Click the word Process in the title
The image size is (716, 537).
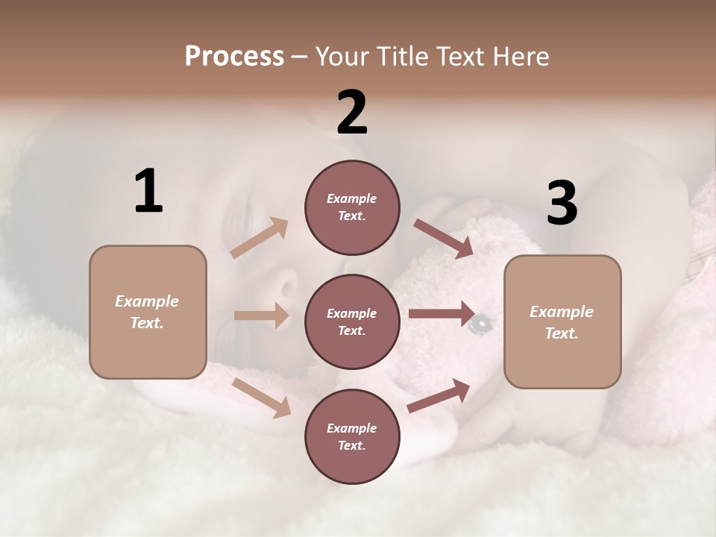(234, 57)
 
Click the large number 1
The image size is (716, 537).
(148, 191)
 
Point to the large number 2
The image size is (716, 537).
(352, 113)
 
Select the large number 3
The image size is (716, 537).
(562, 204)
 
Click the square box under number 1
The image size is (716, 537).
(148, 312)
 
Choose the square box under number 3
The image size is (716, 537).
(562, 322)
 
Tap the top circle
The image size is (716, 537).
(352, 207)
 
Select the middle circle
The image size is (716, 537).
(352, 322)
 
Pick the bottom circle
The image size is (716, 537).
(352, 437)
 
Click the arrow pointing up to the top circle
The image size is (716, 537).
(260, 237)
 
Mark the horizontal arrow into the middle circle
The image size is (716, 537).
(261, 315)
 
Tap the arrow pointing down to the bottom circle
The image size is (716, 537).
(261, 397)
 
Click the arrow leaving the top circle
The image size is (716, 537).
(444, 239)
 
